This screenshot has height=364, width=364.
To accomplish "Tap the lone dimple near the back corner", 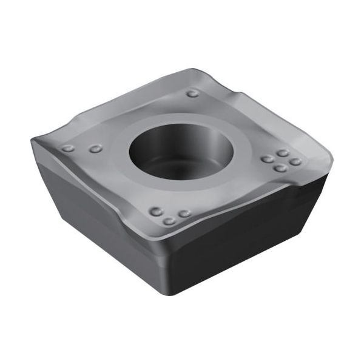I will coord(192,93).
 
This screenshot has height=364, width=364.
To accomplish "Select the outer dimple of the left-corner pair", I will coord(68,148).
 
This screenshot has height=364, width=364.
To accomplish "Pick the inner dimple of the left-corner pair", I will coord(95,149).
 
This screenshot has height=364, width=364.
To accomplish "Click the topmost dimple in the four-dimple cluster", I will coord(282,153).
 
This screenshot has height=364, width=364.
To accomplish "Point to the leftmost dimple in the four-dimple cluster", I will coord(267,159).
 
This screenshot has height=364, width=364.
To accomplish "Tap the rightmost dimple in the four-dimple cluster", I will coord(295,161).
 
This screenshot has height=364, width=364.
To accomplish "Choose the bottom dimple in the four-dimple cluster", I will coord(280,167).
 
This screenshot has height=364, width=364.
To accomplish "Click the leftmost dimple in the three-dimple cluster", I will coord(156,212).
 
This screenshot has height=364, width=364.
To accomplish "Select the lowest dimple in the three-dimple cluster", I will coord(169,220).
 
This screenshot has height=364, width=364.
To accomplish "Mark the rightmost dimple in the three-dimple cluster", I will coord(184,214).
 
